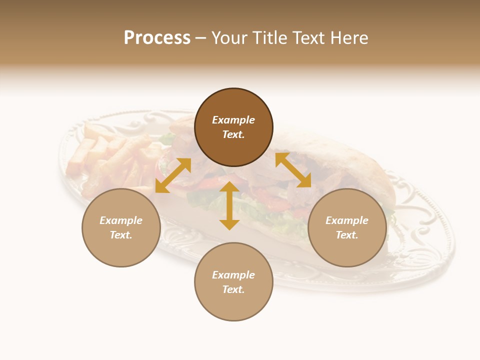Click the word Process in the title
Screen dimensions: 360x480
157,38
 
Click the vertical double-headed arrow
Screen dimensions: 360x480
229,205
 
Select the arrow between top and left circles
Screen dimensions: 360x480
173,175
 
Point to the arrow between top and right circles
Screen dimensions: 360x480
293,170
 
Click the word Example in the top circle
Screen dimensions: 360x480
233,120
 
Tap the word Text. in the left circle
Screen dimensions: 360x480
121,235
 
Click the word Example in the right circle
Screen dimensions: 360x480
347,220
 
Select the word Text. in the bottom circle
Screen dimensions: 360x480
233,289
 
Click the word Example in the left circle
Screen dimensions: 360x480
121,220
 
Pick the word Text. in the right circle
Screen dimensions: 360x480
347,235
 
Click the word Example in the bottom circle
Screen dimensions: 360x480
233,275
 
